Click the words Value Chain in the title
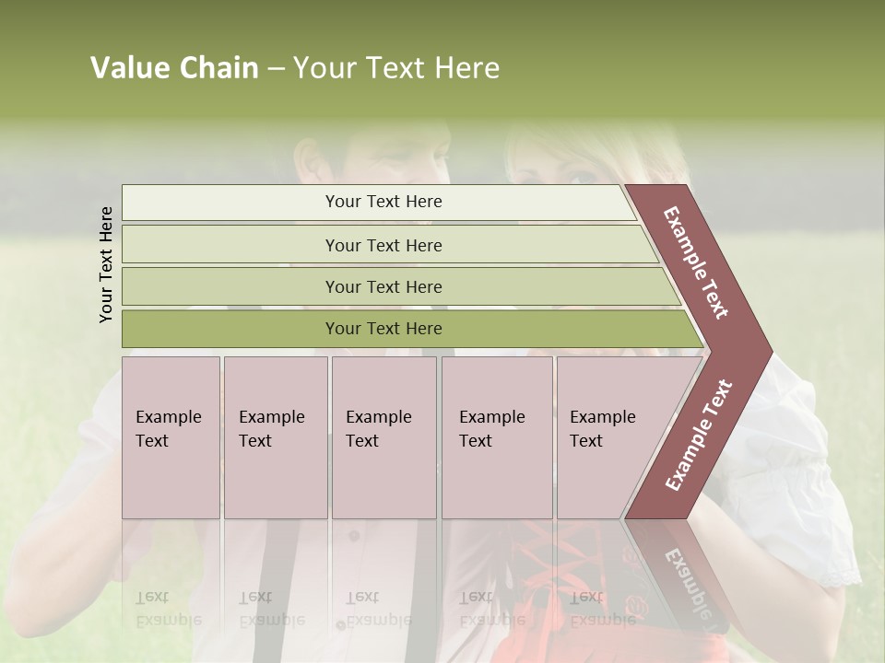(x=174, y=68)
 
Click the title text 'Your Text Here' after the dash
(x=396, y=68)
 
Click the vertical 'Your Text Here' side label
(x=107, y=264)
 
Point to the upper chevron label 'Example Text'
(x=695, y=262)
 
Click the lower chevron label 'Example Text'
(x=699, y=436)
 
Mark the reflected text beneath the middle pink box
(x=378, y=609)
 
